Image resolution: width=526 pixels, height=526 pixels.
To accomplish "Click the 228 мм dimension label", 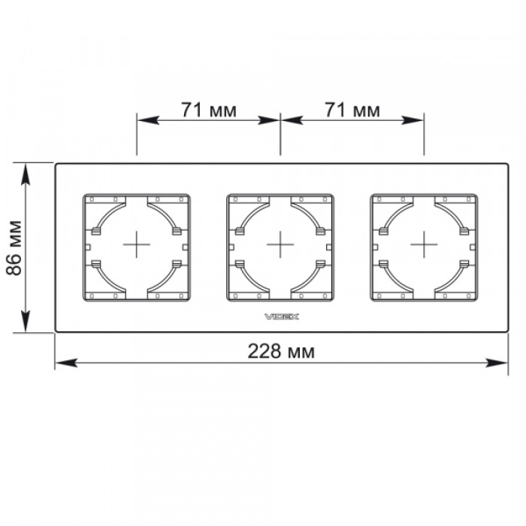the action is coord(281,352).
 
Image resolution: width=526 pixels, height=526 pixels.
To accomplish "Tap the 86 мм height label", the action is coord(14,248).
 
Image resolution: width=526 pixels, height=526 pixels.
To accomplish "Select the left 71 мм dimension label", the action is coord(209,110).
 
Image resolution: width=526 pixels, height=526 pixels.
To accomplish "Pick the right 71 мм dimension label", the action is coord(352,110).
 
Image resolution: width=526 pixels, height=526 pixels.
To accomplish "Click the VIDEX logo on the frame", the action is coord(282,316).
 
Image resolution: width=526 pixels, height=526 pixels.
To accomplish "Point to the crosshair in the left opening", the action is coord(137,244).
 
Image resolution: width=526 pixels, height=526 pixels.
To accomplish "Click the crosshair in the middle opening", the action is coord(280,244).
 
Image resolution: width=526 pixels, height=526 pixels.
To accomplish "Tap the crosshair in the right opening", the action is coord(424,244).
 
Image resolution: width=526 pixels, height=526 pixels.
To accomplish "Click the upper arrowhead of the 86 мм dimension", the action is coord(26,174).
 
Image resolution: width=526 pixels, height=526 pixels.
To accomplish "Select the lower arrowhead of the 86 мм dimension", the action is coord(26,322).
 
